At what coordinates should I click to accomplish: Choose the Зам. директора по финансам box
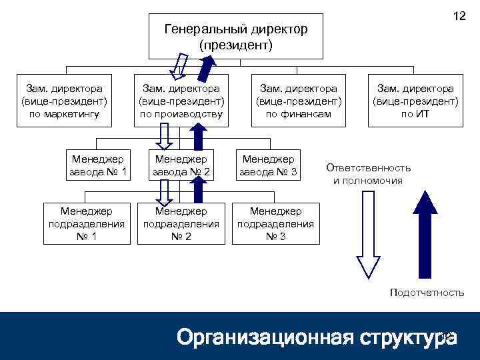point(298,101)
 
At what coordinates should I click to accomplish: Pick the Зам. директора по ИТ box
point(415,101)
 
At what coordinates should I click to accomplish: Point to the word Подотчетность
point(427,293)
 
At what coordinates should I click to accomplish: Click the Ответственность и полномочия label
point(368,174)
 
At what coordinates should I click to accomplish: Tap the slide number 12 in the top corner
point(459,16)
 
